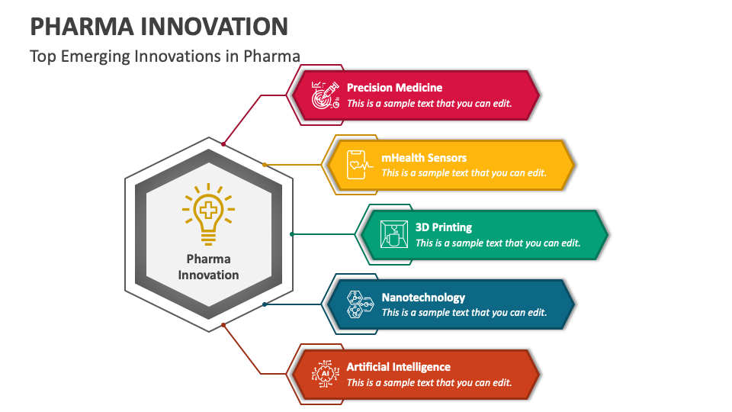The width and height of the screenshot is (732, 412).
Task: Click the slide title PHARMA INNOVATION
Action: pyautogui.click(x=159, y=26)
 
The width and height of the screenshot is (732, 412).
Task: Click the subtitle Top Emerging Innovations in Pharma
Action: pyautogui.click(x=165, y=56)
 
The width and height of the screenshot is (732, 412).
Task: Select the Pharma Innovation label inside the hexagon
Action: pyautogui.click(x=208, y=267)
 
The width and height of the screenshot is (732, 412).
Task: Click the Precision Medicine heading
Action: pyautogui.click(x=394, y=88)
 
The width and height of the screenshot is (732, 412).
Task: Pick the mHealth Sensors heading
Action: pyautogui.click(x=424, y=158)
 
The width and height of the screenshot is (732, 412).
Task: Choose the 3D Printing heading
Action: pyautogui.click(x=443, y=227)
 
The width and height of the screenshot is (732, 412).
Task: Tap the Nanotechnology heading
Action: pyautogui.click(x=423, y=298)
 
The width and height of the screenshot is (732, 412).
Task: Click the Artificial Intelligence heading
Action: pyautogui.click(x=398, y=367)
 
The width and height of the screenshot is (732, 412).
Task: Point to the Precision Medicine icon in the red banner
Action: pyautogui.click(x=326, y=95)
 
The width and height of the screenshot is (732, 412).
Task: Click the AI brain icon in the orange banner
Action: pyautogui.click(x=326, y=374)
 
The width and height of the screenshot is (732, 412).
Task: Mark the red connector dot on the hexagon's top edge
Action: pyautogui.click(x=223, y=143)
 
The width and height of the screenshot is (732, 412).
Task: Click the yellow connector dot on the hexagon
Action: pyautogui.click(x=265, y=165)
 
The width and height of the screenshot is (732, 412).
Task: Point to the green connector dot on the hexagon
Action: pyautogui.click(x=292, y=234)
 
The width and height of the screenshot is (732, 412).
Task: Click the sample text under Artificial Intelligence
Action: pyautogui.click(x=429, y=382)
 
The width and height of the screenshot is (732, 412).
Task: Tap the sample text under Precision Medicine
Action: pyautogui.click(x=429, y=103)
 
